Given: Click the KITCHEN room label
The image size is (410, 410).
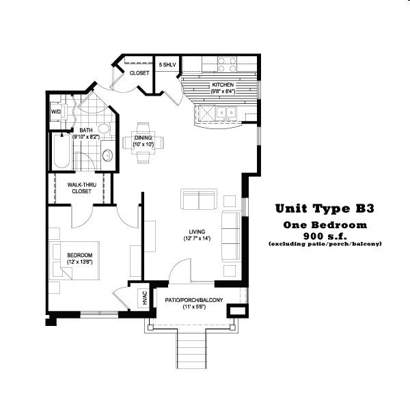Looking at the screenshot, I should point(223,85).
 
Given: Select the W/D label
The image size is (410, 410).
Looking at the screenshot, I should point(55,111).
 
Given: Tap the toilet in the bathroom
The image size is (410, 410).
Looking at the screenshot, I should point(103,130).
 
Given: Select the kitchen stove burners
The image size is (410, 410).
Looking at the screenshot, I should point(227,64).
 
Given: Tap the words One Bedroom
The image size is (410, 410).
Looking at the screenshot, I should point(325,224).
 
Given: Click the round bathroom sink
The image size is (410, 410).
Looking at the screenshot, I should point(107,157).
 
